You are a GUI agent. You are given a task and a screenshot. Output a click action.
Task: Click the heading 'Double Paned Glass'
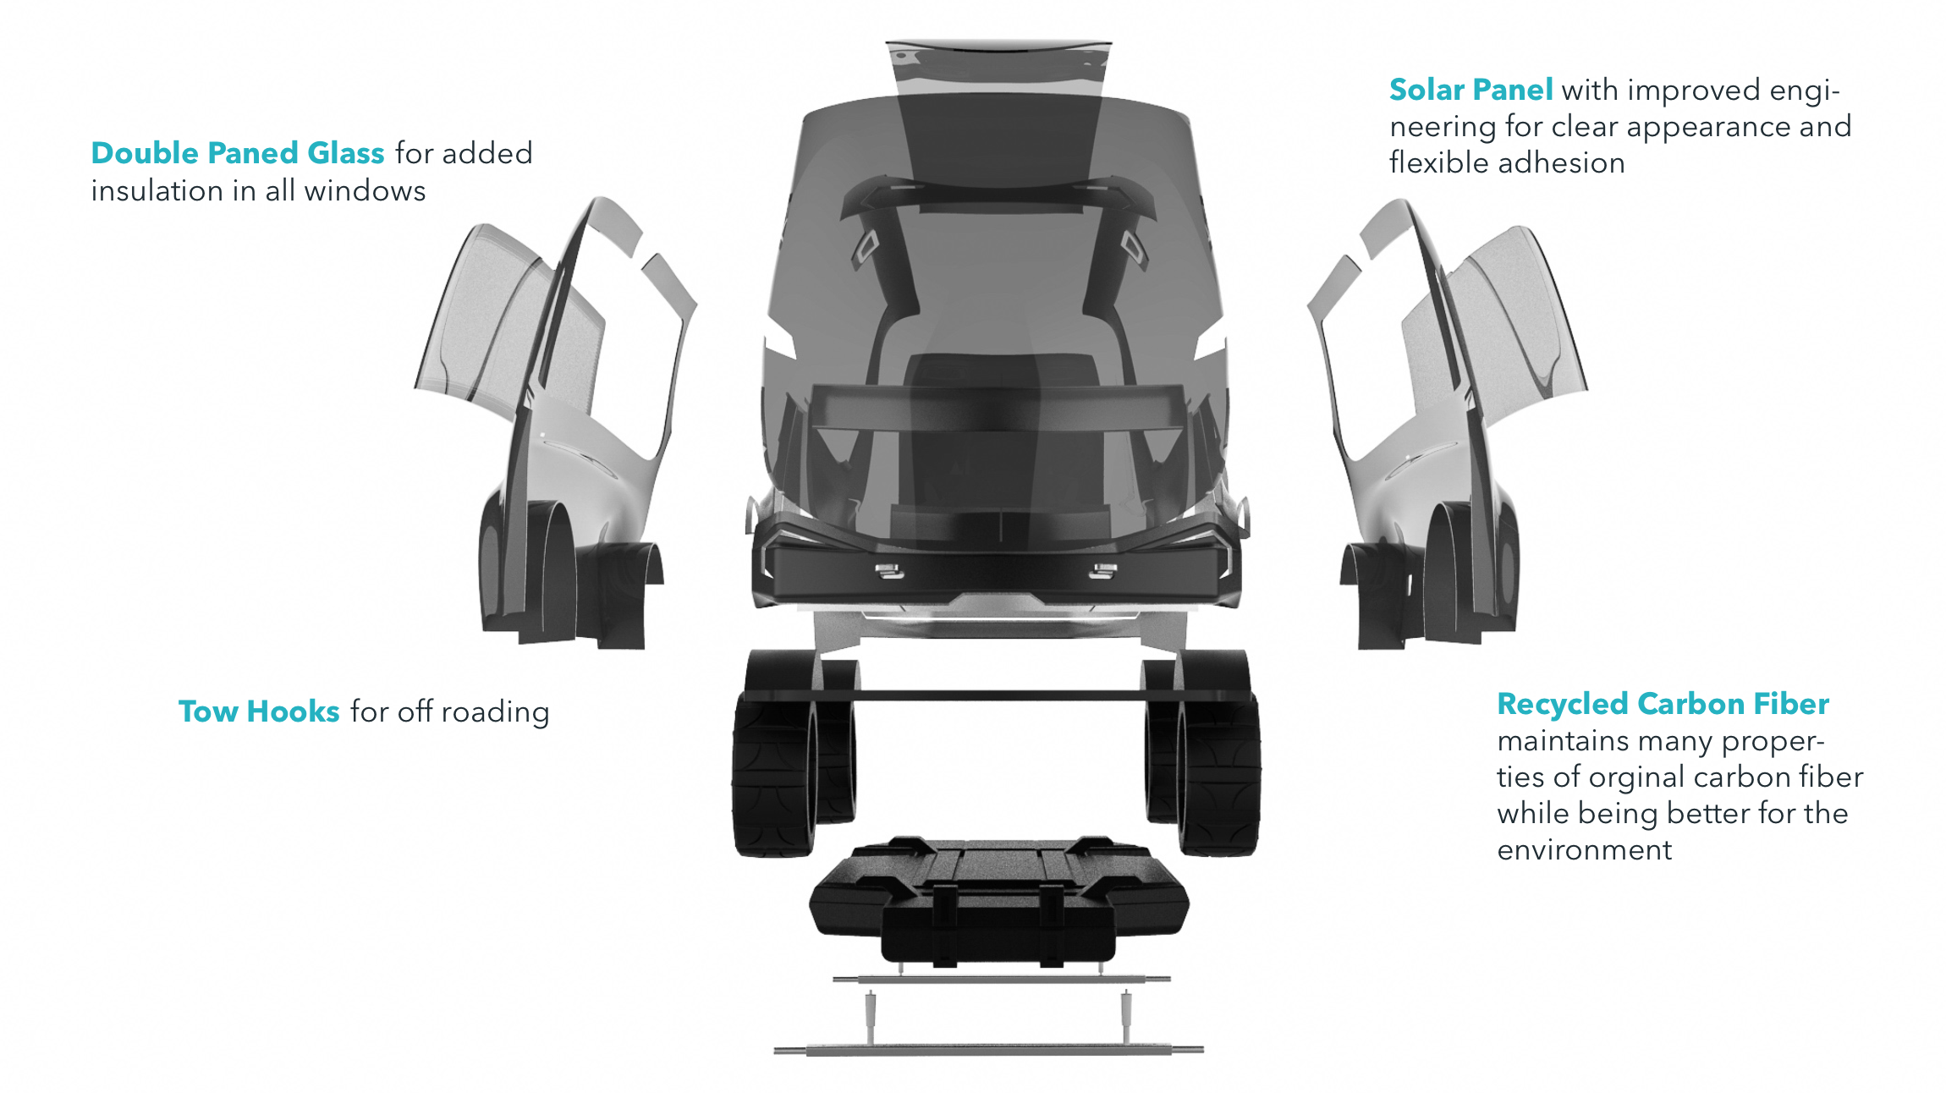(x=237, y=153)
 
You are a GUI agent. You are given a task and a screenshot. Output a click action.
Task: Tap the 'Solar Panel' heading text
(x=1470, y=90)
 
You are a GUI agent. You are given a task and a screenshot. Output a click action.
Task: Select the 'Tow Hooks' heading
(x=258, y=711)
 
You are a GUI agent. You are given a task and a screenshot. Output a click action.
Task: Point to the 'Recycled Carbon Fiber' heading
(x=1663, y=704)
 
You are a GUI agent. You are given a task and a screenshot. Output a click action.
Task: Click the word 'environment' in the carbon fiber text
(x=1584, y=849)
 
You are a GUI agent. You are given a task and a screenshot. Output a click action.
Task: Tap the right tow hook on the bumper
(x=1102, y=571)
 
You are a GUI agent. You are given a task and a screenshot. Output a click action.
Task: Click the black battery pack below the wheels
(x=998, y=901)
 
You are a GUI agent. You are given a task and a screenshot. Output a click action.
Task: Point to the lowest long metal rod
(x=988, y=1051)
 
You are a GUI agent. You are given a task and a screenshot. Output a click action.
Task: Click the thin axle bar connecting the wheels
(x=998, y=695)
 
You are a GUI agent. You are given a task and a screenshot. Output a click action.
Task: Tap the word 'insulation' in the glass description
(x=157, y=191)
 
